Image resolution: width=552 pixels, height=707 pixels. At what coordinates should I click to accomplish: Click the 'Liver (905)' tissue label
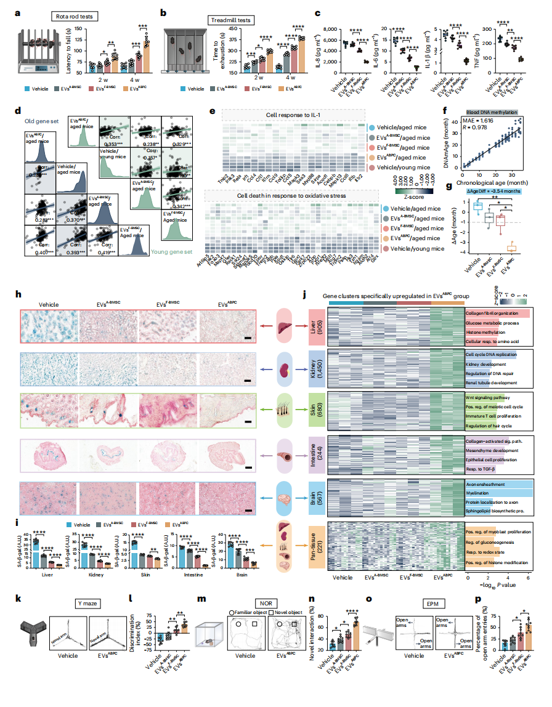pos(315,328)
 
